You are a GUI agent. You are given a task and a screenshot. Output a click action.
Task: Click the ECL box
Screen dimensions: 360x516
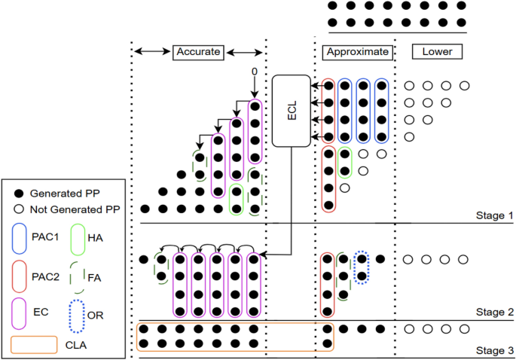click(x=291, y=111)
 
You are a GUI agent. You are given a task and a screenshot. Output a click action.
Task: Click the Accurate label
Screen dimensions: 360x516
click(x=199, y=52)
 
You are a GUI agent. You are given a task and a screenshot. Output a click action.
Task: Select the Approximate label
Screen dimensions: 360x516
click(x=358, y=52)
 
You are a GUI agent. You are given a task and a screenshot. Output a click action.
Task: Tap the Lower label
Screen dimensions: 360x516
click(x=438, y=52)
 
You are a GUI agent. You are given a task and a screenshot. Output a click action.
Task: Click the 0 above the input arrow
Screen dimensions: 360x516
click(x=255, y=72)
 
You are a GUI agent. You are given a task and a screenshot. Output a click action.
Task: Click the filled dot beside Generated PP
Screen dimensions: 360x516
click(x=17, y=189)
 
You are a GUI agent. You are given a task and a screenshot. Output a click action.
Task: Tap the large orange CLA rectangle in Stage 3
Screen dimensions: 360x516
click(x=234, y=336)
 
